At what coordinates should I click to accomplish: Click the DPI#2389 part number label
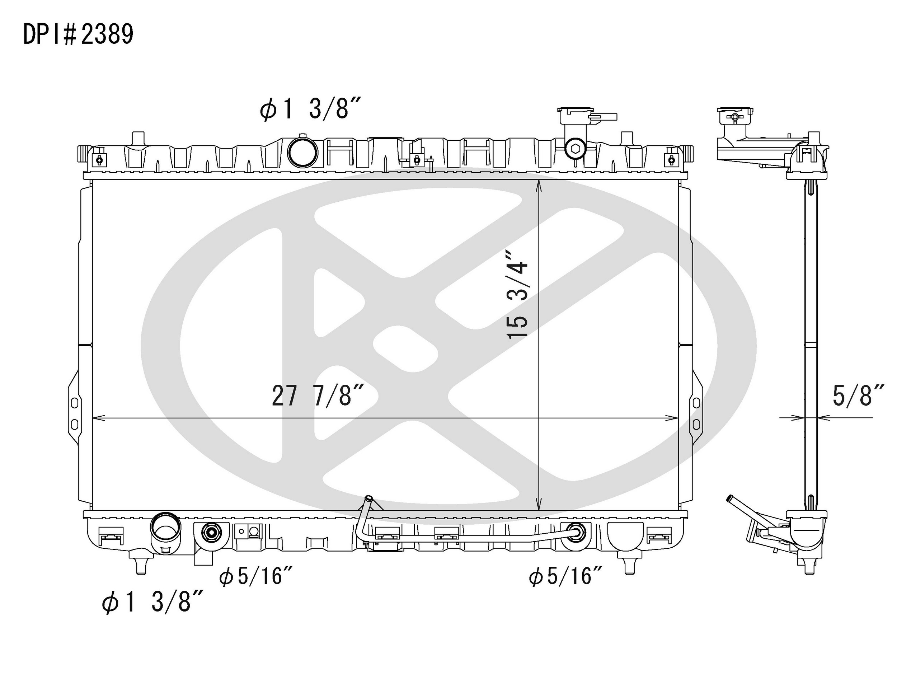78,34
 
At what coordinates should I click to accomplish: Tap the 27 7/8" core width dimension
318,395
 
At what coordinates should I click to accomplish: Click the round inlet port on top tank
302,151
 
